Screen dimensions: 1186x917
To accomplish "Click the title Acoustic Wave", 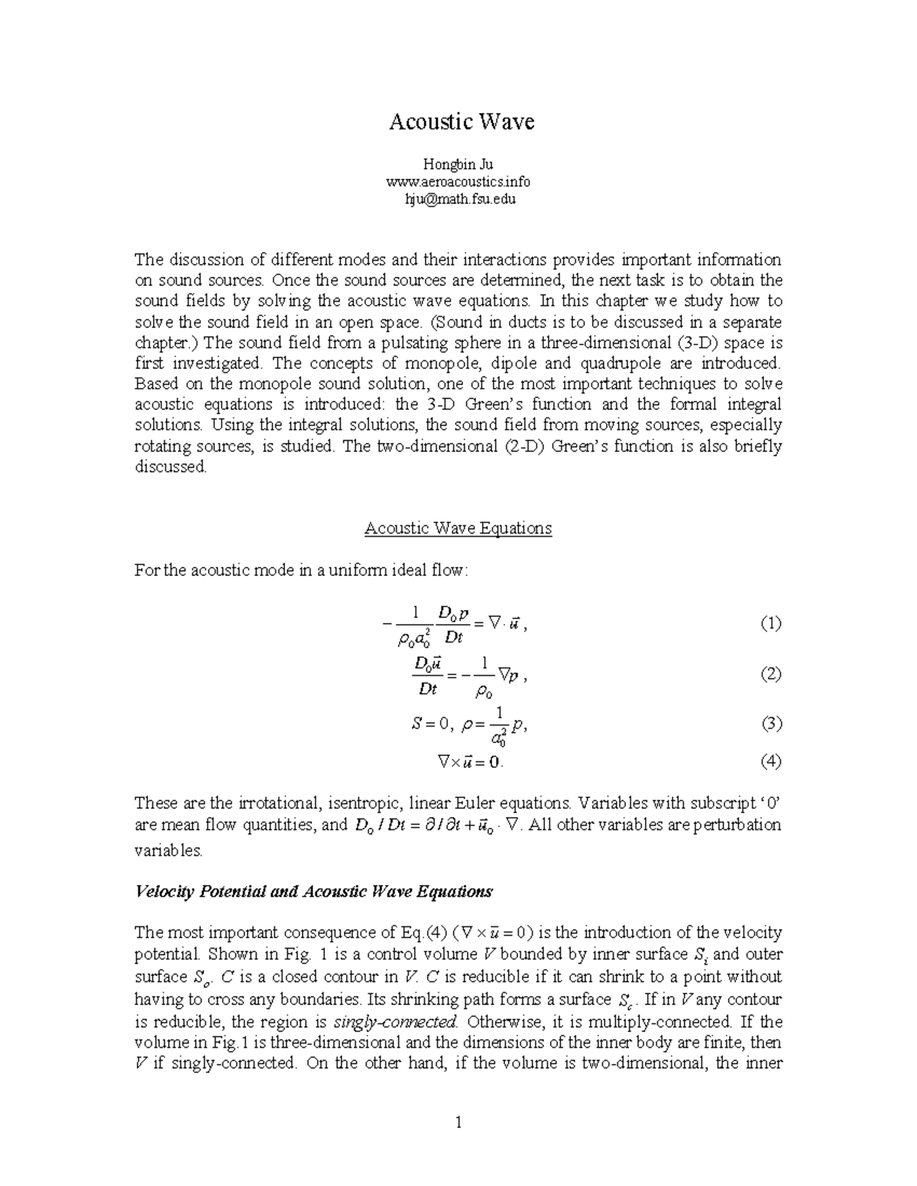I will [x=461, y=122].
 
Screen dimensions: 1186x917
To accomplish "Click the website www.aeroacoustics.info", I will [x=458, y=182].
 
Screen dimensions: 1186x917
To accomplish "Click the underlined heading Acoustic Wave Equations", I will [x=458, y=528].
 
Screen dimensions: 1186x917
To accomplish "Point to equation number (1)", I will [x=770, y=624].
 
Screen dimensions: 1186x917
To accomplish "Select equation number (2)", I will [x=770, y=674].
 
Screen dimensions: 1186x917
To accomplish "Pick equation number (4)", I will [x=770, y=761].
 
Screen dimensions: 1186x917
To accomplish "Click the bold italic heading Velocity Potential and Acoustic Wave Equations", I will [x=313, y=891].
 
